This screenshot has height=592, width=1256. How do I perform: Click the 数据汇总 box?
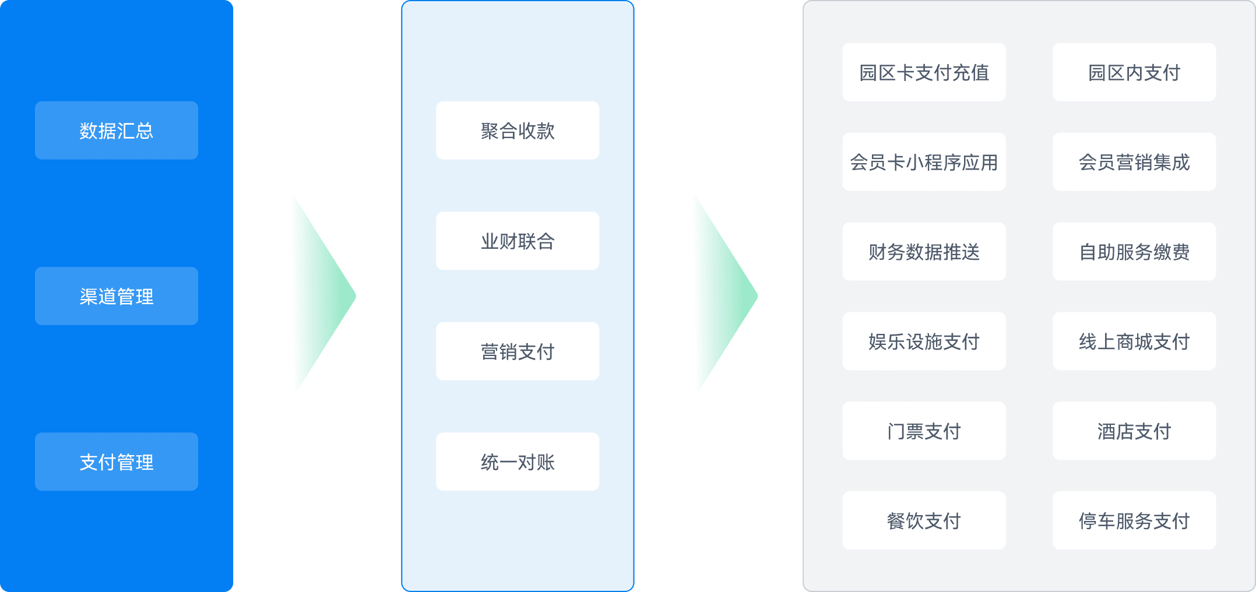(x=117, y=131)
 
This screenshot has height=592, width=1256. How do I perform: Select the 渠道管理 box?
(x=117, y=296)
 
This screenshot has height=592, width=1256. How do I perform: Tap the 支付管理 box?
(x=117, y=461)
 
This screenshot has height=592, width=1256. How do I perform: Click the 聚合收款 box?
(x=518, y=131)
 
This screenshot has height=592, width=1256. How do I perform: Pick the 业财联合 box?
(x=518, y=241)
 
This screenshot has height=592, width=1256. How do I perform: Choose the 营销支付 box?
(x=518, y=351)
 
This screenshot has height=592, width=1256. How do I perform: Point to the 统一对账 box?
(x=518, y=461)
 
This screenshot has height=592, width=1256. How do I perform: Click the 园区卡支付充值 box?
(x=924, y=72)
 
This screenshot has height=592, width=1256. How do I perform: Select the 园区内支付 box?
(x=1134, y=72)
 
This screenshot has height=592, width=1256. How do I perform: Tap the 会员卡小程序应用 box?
(x=924, y=162)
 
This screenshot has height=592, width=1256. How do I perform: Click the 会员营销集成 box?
(x=1134, y=162)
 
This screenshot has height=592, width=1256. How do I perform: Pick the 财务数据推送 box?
(x=924, y=252)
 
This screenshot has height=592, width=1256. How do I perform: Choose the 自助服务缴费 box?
(x=1134, y=252)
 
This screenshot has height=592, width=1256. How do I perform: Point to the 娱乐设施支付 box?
(x=924, y=341)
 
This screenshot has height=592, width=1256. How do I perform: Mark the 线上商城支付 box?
(x=1134, y=341)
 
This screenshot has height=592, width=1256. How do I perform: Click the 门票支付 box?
(x=924, y=431)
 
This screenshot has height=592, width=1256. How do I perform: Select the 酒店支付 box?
(x=1134, y=431)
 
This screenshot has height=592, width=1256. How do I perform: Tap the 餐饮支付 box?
(x=924, y=520)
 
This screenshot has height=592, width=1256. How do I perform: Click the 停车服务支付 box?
(x=1134, y=520)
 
